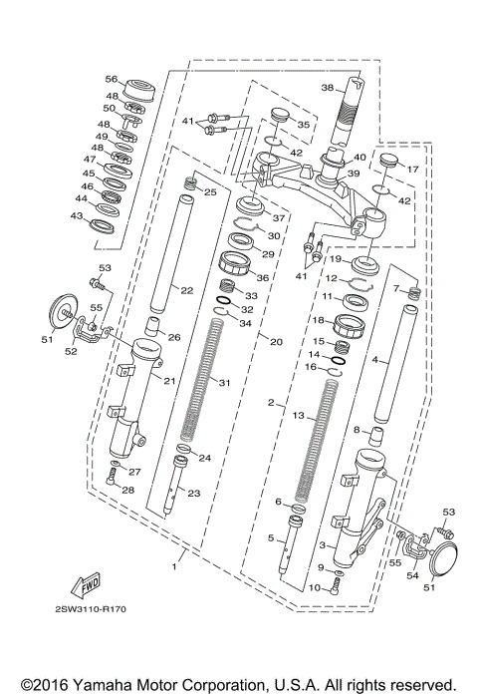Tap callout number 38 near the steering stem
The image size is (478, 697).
pyautogui.click(x=328, y=87)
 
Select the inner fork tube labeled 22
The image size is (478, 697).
pyautogui.click(x=164, y=254)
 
